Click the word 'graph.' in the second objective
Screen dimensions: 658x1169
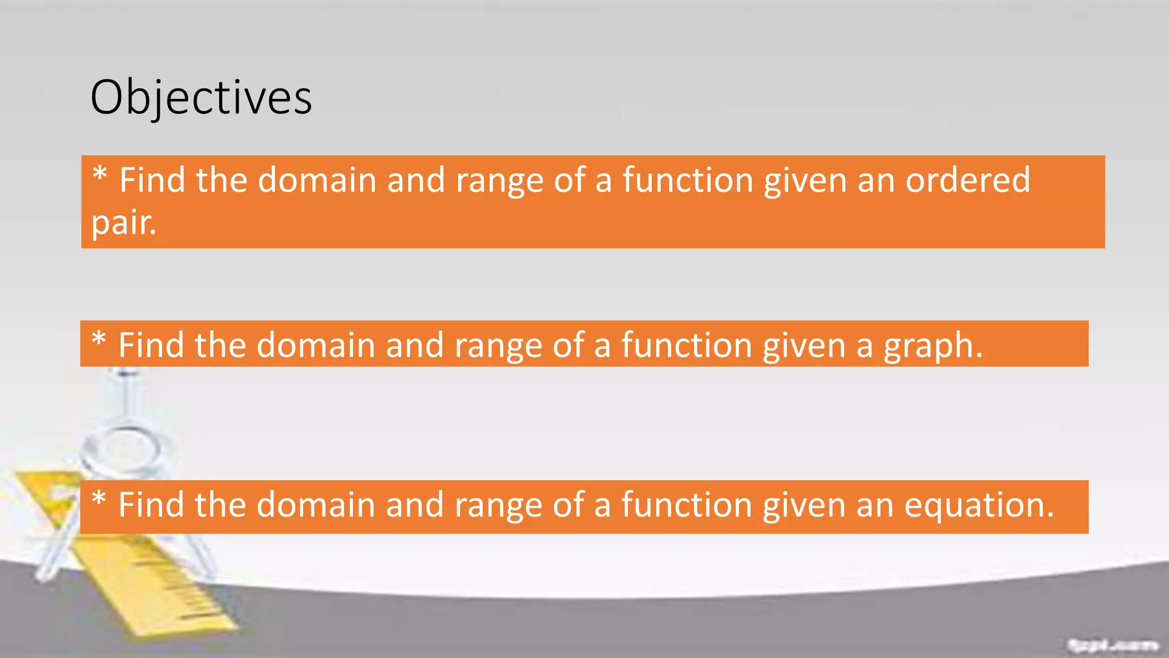[x=933, y=346]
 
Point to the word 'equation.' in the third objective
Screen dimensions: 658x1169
[x=979, y=505]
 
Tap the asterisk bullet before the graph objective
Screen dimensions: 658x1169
[x=99, y=339]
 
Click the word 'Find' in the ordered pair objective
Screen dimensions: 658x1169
[x=152, y=180]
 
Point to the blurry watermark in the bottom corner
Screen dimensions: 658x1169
[x=1112, y=645]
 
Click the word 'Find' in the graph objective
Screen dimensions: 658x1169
[x=151, y=346]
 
